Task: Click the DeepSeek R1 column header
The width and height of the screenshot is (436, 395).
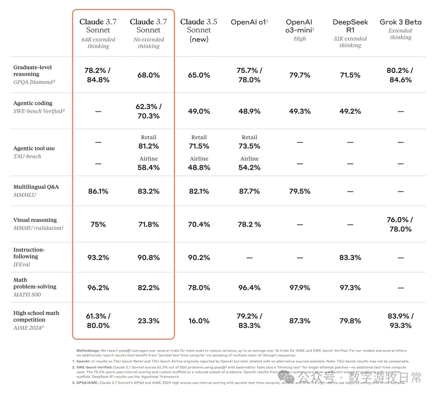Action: point(350,26)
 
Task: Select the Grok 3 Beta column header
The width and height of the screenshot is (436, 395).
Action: point(400,22)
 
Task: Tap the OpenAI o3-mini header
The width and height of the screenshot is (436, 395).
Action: point(300,26)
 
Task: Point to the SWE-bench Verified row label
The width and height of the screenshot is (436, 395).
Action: point(39,111)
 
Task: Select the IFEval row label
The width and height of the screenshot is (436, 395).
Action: point(22,264)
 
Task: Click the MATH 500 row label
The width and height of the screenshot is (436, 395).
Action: point(27,294)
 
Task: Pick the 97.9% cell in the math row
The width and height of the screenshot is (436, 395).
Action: point(300,287)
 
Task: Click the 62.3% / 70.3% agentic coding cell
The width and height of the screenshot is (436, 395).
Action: point(149,111)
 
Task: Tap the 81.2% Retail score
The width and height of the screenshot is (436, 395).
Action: point(149,146)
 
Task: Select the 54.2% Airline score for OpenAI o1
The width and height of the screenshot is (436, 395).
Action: point(249,167)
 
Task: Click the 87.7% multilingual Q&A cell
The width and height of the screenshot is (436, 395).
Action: point(249,191)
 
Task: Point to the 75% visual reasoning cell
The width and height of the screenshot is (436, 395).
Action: point(98,224)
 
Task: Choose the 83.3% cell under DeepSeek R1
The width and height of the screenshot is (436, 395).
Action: point(350,258)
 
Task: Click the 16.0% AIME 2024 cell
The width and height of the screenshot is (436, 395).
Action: point(199,321)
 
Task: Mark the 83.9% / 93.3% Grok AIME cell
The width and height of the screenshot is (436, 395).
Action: point(400,321)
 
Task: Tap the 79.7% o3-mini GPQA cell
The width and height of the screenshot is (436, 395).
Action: point(300,75)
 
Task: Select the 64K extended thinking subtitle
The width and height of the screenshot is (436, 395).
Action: point(98,43)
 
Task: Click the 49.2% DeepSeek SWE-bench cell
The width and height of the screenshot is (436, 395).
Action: point(350,111)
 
